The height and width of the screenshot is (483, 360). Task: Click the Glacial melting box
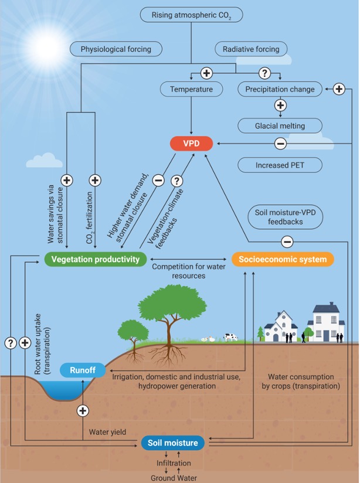[x=280, y=125]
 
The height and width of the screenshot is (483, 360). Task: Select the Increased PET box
[x=280, y=165]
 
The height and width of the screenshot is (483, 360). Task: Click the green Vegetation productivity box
[x=94, y=259]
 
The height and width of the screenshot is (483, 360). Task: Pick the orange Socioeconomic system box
[x=283, y=259]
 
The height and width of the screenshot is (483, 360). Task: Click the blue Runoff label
[x=83, y=370]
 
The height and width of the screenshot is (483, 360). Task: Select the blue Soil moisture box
[x=172, y=443]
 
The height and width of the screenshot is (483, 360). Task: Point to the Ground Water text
[x=172, y=477]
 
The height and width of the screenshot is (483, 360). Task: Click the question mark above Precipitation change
[x=265, y=73]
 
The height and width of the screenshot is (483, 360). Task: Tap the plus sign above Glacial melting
[x=280, y=106]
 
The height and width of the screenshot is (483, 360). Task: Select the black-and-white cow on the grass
[x=229, y=338]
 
